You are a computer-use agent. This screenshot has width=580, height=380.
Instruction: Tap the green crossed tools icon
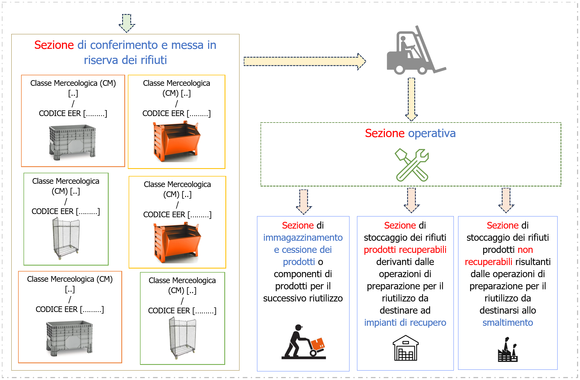coord(412,165)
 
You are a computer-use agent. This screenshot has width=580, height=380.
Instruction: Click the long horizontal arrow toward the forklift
coord(304,62)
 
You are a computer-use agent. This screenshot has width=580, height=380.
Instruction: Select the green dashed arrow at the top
coord(127,23)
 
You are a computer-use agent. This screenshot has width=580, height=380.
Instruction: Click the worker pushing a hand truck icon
coord(304,343)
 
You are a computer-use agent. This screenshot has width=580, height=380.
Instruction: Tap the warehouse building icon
coord(405,348)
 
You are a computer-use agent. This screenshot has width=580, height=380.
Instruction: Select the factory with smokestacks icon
coord(508,350)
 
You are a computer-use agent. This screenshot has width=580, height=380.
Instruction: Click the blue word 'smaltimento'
coord(508,323)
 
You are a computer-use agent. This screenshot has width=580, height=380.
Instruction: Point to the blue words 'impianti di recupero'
coord(405,323)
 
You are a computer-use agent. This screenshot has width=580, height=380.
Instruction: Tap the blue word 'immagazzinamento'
coord(303,237)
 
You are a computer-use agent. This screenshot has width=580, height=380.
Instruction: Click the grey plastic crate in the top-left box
coord(72,142)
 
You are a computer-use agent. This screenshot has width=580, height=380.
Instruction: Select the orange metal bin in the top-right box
coord(176,142)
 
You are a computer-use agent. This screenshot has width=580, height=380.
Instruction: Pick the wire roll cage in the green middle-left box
coord(66,237)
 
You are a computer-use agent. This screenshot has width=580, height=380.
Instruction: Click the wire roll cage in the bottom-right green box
coord(183,337)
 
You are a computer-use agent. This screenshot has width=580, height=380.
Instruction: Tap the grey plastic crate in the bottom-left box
coord(69,338)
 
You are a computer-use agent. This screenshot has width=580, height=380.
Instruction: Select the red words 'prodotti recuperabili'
coord(405,250)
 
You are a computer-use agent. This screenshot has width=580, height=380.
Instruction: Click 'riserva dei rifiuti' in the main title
coord(125,60)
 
